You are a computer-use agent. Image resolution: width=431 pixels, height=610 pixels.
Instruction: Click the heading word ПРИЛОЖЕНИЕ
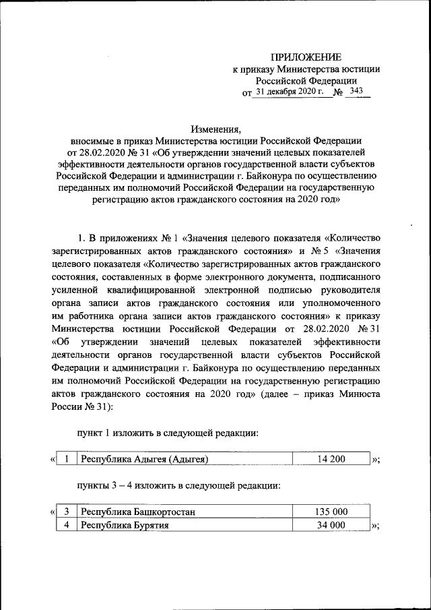(306, 56)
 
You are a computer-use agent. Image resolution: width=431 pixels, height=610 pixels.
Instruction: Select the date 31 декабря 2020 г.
(290, 91)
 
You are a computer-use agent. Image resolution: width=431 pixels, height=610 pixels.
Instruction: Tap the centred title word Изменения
(215, 128)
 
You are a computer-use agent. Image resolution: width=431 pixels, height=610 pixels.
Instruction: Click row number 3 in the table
(67, 512)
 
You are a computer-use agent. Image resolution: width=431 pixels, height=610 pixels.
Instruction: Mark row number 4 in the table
(67, 525)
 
